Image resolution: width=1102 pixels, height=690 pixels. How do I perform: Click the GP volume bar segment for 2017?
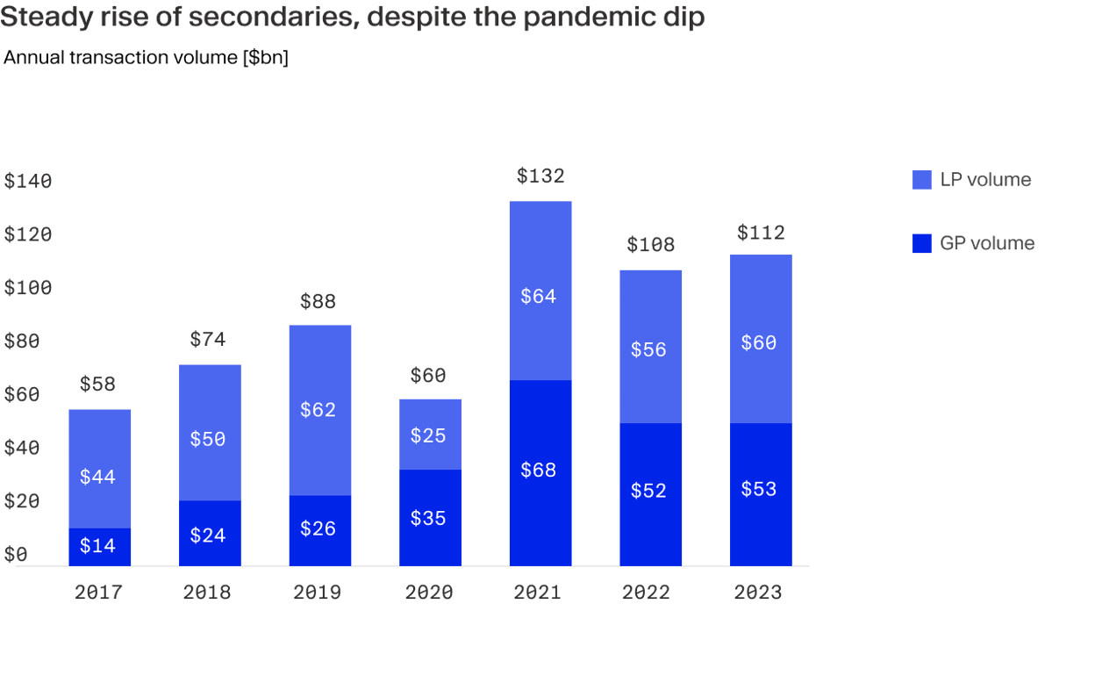(99, 546)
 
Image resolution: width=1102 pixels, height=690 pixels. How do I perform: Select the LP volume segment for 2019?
(319, 410)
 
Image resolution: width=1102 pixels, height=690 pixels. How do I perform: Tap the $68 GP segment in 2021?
(540, 472)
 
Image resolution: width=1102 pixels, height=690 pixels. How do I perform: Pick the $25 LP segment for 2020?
(429, 435)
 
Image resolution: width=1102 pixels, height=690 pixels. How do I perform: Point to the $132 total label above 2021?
(540, 176)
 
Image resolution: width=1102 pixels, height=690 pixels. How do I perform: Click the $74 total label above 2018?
(209, 340)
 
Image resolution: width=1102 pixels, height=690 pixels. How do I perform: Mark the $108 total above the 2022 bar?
(650, 245)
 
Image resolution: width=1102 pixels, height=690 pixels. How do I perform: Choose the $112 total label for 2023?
(760, 233)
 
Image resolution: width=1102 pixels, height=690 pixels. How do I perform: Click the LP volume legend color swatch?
(921, 180)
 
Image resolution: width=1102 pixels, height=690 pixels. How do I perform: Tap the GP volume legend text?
(987, 244)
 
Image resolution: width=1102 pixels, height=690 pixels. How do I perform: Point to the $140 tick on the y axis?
(28, 182)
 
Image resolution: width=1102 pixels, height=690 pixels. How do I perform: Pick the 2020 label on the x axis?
(429, 593)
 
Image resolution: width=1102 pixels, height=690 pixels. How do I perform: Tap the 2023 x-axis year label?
(758, 593)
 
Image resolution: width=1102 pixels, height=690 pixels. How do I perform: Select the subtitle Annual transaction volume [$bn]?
(146, 58)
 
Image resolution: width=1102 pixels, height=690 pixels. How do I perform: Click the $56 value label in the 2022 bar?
(649, 349)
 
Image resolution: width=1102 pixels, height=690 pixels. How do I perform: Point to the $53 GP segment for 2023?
(760, 489)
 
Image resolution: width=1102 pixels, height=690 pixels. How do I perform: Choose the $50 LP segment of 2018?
(209, 439)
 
